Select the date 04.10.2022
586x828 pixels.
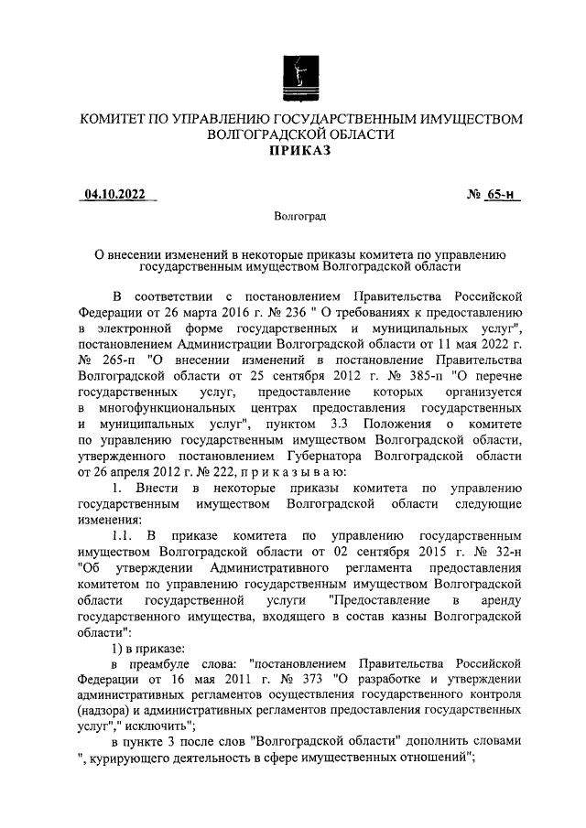pos(115,194)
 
